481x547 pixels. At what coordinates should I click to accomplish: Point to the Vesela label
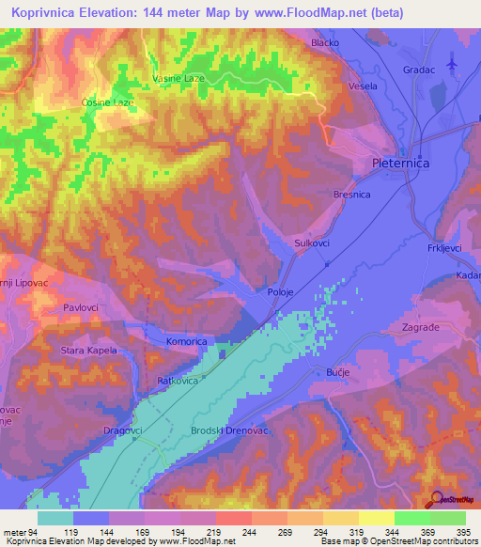click(362, 86)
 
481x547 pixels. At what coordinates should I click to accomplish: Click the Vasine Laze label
click(179, 79)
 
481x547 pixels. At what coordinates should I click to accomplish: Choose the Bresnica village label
click(351, 195)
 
